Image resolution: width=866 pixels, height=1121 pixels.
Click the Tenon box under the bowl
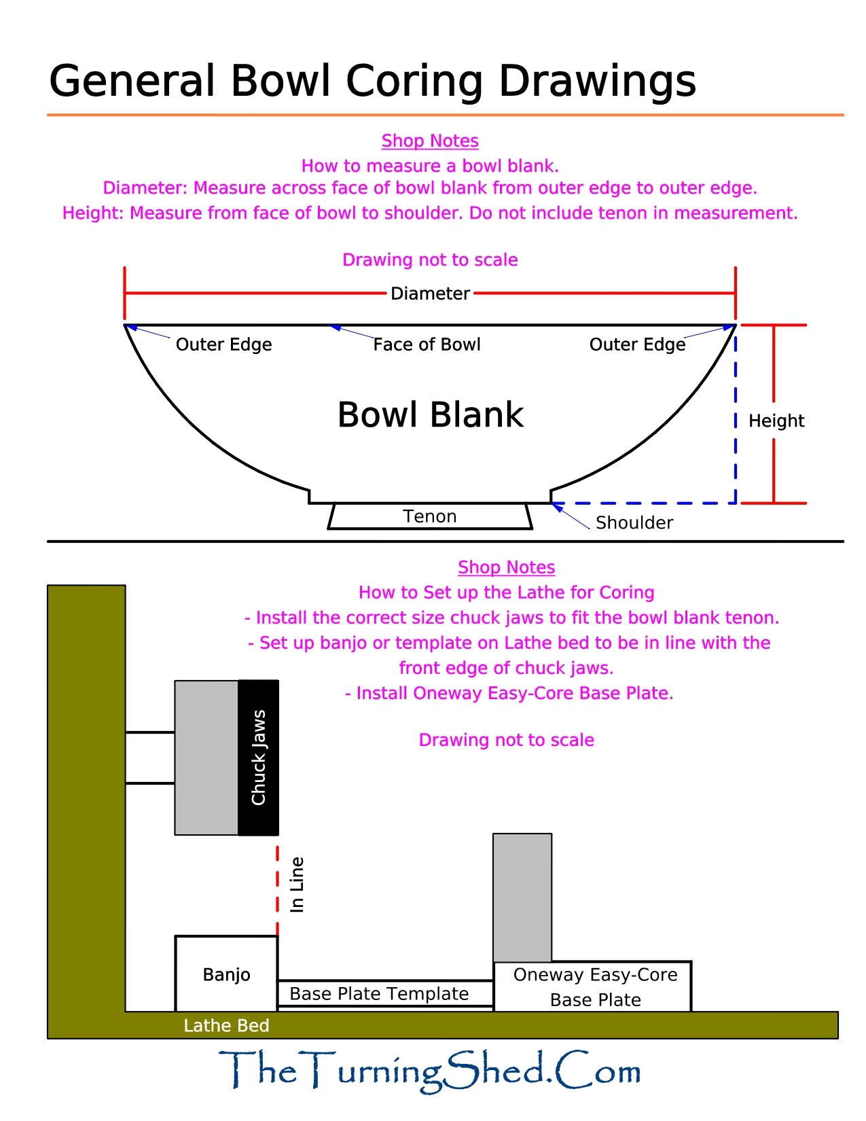click(430, 516)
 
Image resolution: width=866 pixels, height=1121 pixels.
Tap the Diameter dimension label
click(430, 293)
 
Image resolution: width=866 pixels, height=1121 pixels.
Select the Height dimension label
click(776, 421)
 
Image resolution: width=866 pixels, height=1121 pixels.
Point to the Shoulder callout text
click(634, 522)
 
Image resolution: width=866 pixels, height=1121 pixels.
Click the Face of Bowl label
click(427, 344)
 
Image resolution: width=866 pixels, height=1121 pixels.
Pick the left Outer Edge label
click(223, 344)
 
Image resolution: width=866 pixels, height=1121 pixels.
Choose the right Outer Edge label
click(637, 344)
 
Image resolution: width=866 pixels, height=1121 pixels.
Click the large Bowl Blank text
click(430, 414)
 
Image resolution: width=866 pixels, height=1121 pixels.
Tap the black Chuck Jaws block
click(258, 758)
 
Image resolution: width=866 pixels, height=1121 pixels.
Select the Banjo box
click(226, 974)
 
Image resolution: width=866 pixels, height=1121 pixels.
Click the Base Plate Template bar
click(379, 993)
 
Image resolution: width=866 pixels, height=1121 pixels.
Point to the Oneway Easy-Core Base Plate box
click(595, 986)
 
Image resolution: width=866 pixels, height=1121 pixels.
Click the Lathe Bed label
click(226, 1025)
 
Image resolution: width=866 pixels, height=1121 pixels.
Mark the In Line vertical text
click(297, 884)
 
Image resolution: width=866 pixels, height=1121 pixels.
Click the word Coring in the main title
click(416, 81)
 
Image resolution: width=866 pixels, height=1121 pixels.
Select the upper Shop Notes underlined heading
click(430, 141)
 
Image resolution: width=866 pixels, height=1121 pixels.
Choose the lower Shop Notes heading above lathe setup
click(506, 567)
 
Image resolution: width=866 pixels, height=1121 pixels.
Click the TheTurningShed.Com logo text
click(430, 1071)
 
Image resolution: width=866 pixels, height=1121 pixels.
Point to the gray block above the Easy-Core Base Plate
click(522, 897)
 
